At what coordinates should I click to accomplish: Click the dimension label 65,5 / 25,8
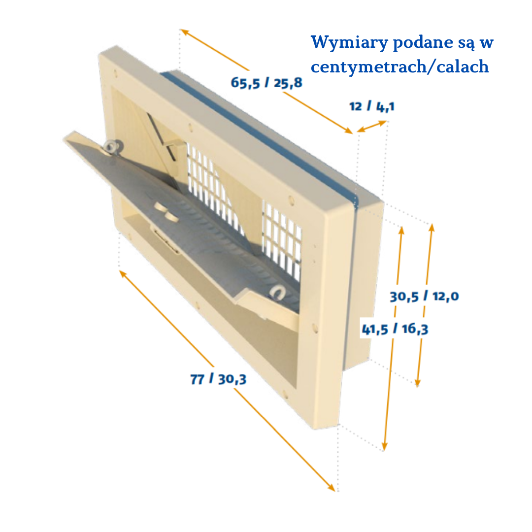[x=266, y=82]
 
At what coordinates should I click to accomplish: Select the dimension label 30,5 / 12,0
[x=424, y=297]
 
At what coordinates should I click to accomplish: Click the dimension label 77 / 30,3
[x=218, y=380]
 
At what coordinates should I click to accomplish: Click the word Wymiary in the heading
[x=349, y=42]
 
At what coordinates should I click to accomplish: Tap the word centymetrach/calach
[x=400, y=66]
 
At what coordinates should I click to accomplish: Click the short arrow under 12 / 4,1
[x=372, y=126]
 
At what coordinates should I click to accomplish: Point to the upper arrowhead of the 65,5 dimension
[x=183, y=32]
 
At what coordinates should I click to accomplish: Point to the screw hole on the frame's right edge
[x=314, y=327]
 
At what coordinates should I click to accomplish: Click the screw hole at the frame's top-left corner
[x=116, y=73]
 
